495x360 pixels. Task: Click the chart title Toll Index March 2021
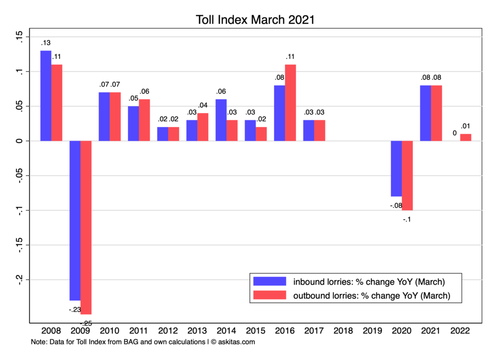[x=256, y=20]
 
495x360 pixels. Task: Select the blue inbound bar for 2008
[x=46, y=96]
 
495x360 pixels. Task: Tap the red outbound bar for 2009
[x=86, y=227]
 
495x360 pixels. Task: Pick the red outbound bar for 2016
[x=290, y=102]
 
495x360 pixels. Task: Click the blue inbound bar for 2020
[x=396, y=169]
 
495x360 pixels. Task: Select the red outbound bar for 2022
[x=466, y=137]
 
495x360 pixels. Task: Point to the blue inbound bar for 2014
[x=221, y=120]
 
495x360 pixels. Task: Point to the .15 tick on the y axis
[x=19, y=37]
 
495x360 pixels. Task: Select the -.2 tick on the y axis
[x=19, y=279]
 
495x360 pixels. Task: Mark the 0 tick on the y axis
[x=19, y=141]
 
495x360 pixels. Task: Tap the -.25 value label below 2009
[x=86, y=323]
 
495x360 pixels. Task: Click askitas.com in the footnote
[x=237, y=342]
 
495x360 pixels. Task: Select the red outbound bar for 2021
[x=437, y=113]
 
